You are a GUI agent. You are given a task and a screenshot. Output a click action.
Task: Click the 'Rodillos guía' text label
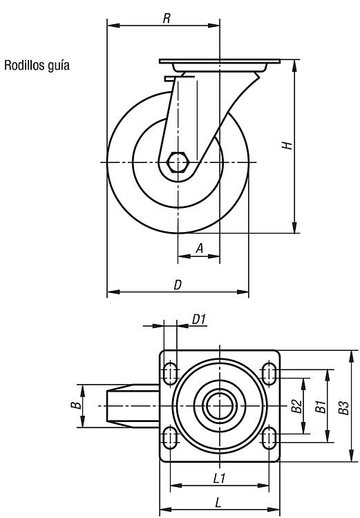37,66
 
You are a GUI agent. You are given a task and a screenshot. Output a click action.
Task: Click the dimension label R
167,19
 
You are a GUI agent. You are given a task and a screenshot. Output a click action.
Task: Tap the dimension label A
199,248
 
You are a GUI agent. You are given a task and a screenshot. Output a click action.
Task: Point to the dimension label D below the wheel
178,285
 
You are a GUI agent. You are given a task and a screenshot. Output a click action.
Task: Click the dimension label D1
199,320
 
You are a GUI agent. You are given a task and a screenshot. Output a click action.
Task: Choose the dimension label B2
296,406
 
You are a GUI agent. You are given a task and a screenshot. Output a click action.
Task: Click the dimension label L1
219,478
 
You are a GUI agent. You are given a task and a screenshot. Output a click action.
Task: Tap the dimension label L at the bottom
218,503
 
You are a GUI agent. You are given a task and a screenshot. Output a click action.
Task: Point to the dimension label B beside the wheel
76,405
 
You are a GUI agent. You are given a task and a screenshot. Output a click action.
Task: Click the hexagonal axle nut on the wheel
178,162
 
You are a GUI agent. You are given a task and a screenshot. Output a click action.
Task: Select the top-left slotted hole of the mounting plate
170,374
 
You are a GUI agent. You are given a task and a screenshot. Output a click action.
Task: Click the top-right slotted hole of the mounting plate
269,374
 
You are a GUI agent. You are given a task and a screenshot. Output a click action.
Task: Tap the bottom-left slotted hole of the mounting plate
170,438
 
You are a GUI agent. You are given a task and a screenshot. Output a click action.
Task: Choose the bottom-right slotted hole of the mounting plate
269,438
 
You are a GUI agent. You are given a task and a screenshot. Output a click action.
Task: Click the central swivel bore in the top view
220,405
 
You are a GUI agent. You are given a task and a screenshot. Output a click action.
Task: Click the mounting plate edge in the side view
220,61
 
